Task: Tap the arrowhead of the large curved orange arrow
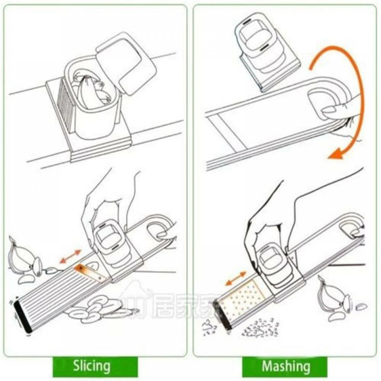tap(335, 154)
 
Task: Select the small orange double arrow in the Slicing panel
tap(70, 256)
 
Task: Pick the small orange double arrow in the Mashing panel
tap(235, 278)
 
